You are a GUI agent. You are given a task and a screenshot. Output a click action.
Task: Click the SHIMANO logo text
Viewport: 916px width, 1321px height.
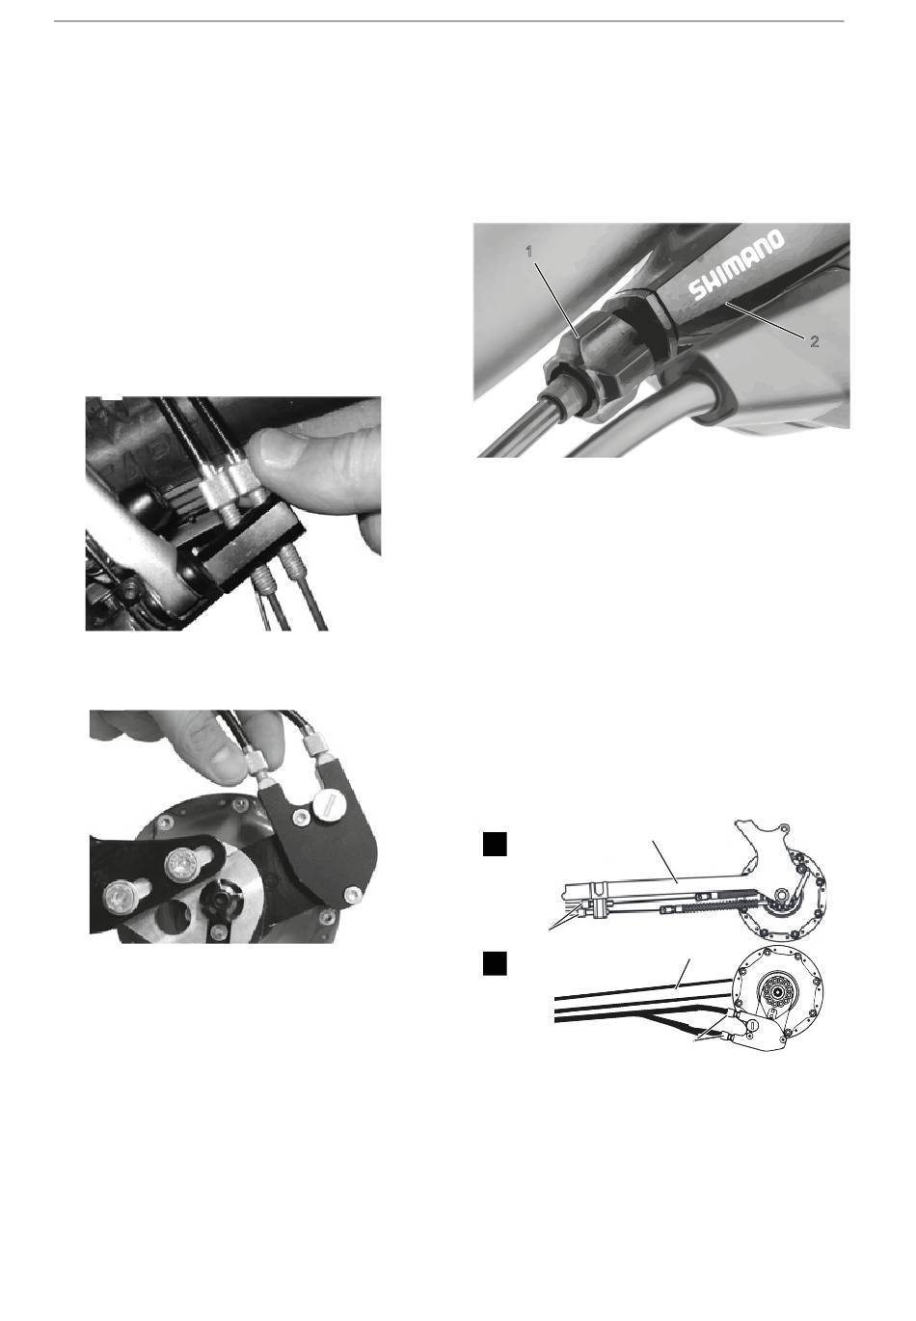tap(738, 265)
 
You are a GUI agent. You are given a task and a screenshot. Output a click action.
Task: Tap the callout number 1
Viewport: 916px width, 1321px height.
tap(528, 252)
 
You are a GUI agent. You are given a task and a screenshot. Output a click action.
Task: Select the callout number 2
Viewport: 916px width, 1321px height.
tap(814, 341)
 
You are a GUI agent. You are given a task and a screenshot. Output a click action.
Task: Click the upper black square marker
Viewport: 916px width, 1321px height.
tap(495, 844)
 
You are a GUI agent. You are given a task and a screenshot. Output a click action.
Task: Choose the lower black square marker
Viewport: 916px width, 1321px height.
tap(495, 963)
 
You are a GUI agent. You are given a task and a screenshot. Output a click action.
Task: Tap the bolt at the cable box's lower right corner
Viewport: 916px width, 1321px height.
tap(352, 895)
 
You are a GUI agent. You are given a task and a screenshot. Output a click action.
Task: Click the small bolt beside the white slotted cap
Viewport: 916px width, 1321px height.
tap(301, 816)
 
